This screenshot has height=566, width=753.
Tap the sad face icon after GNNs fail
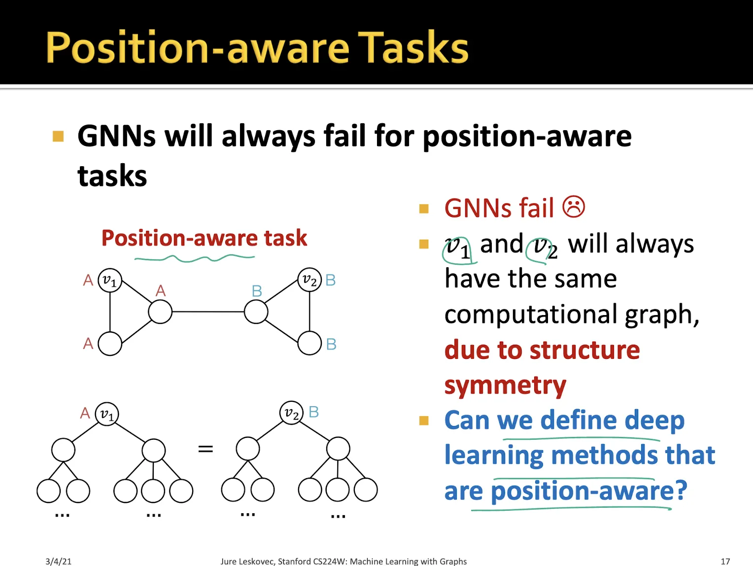pyautogui.click(x=574, y=207)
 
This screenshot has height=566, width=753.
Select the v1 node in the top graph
pyautogui.click(x=110, y=281)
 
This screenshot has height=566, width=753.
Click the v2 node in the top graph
pyautogui.click(x=309, y=280)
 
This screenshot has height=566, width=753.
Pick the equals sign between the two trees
pyautogui.click(x=205, y=449)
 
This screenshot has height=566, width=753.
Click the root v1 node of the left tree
pyautogui.click(x=106, y=414)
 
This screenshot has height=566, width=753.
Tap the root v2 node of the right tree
pyautogui.click(x=291, y=413)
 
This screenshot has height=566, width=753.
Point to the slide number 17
pyautogui.click(x=725, y=561)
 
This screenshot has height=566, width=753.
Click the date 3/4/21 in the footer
pyautogui.click(x=58, y=561)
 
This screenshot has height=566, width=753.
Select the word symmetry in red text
pyautogui.click(x=505, y=386)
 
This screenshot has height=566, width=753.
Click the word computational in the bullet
pyautogui.click(x=532, y=315)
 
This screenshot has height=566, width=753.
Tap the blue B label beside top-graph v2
pyautogui.click(x=330, y=280)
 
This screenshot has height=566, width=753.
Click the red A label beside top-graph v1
pyautogui.click(x=88, y=280)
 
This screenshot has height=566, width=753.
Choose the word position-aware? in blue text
pyautogui.click(x=589, y=492)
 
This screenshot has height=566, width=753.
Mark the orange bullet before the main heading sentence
pyautogui.click(x=58, y=136)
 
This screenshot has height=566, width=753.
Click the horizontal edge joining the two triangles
pyautogui.click(x=208, y=312)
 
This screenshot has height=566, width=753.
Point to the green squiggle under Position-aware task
pyautogui.click(x=195, y=258)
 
